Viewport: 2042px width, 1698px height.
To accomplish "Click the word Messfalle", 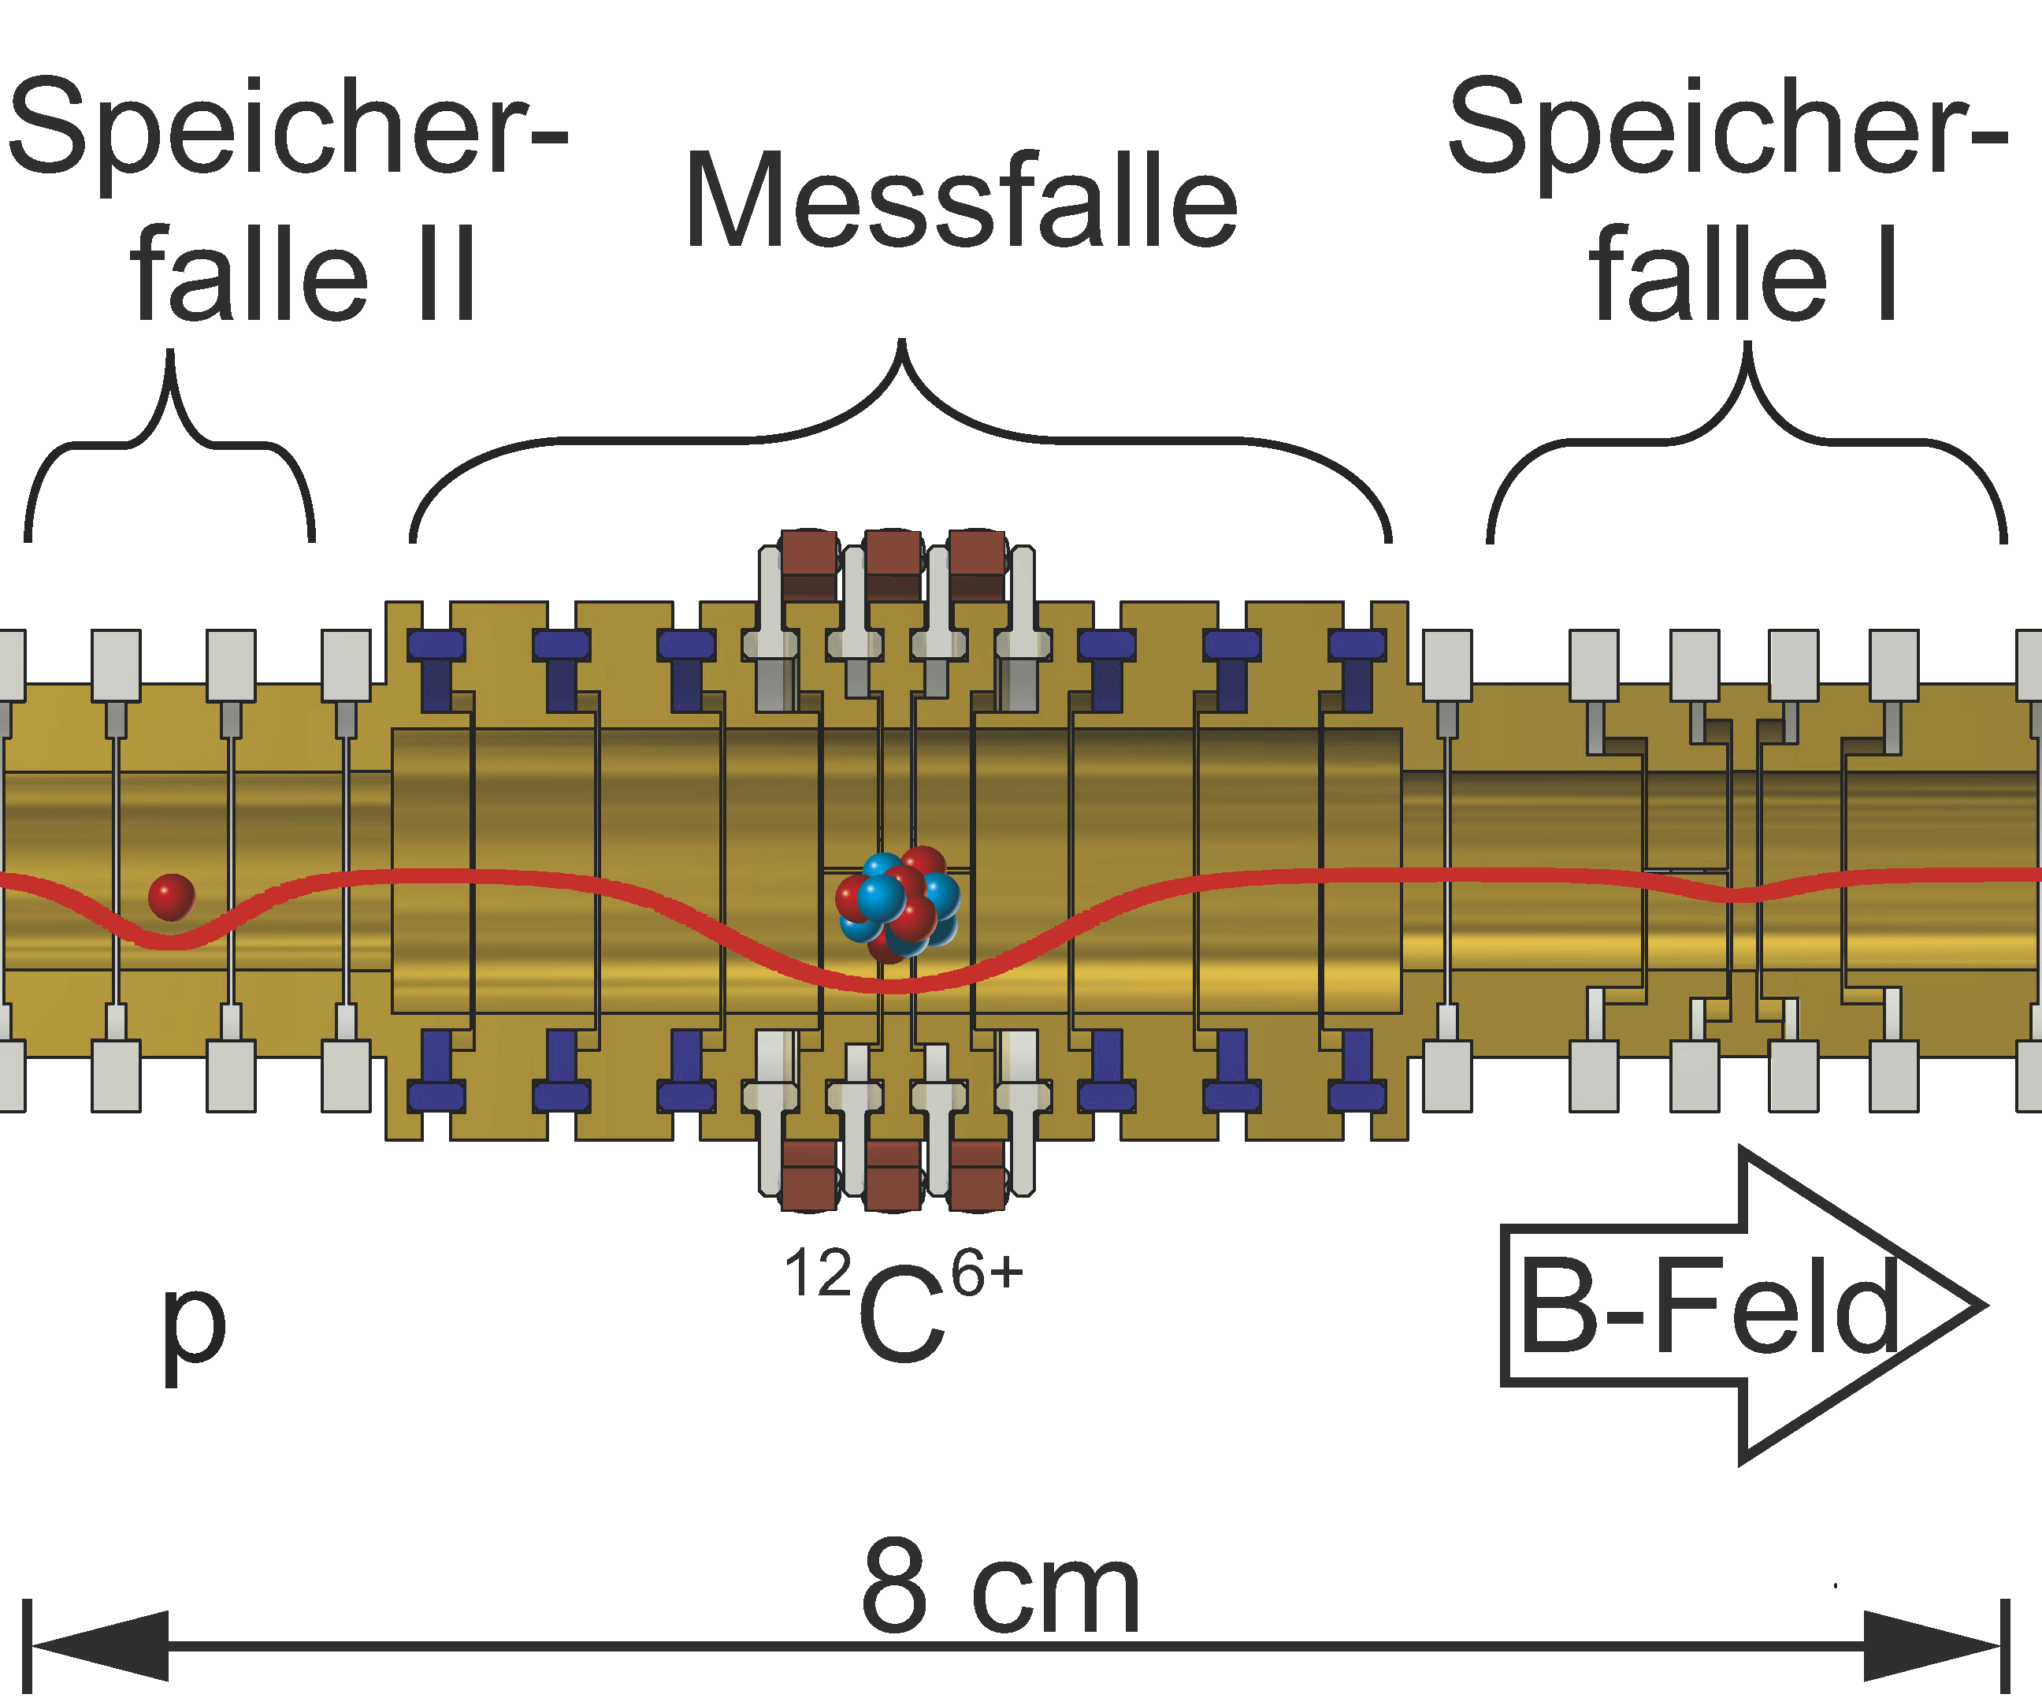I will pyautogui.click(x=960, y=201).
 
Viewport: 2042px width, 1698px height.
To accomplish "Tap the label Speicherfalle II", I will pyautogui.click(x=288, y=199).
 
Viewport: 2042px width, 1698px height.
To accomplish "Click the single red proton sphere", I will pyautogui.click(x=172, y=897).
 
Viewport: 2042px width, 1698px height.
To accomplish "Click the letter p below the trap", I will pyautogui.click(x=194, y=1328).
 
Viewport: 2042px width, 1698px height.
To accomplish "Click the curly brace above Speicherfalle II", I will pyautogui.click(x=170, y=428).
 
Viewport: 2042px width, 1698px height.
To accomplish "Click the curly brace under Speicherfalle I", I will pyautogui.click(x=1747, y=428).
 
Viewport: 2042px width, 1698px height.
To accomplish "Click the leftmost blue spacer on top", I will pyautogui.click(x=436, y=645).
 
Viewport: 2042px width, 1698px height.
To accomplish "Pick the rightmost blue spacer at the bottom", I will pyautogui.click(x=1357, y=1096).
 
